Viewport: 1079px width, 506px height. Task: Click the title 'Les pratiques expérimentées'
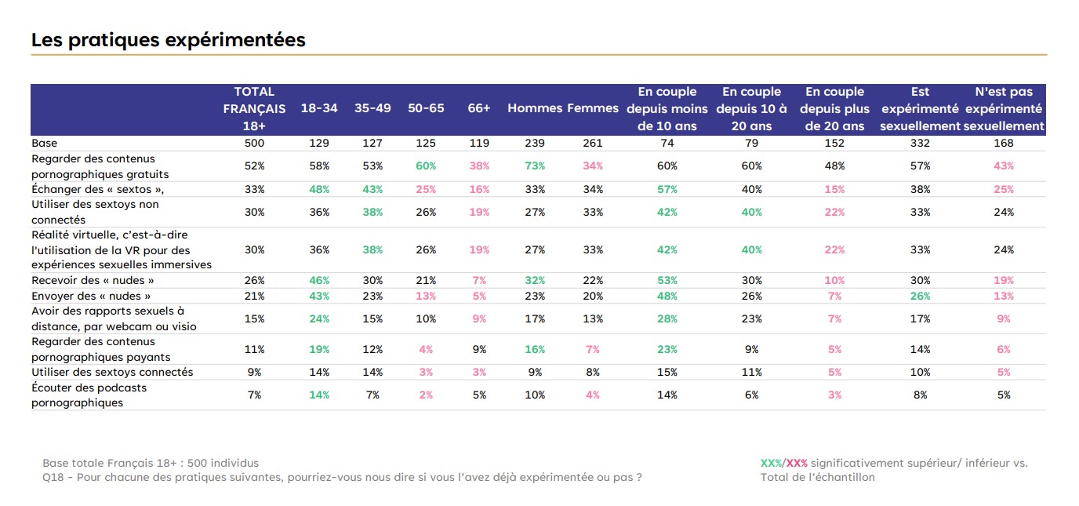pos(168,40)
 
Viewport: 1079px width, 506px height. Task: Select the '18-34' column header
pos(319,108)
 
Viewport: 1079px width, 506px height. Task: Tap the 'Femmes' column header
pos(593,108)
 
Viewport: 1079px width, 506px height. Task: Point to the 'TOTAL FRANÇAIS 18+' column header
pos(254,109)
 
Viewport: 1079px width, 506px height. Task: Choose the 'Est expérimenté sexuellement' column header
pos(920,109)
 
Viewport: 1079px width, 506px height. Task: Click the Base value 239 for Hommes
pos(535,143)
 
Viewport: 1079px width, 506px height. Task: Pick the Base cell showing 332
pos(920,143)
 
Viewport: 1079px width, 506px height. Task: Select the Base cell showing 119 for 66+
pos(479,143)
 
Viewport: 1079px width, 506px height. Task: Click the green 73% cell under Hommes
pos(535,166)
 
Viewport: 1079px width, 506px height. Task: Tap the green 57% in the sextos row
pos(667,189)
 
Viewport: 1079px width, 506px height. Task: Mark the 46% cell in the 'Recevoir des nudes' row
pos(319,281)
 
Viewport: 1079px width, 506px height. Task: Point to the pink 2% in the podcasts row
pos(426,395)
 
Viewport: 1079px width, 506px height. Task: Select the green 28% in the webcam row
pos(667,319)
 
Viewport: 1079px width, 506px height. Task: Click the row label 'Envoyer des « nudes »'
pos(91,296)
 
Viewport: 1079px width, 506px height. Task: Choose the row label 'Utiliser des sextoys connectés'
pos(112,372)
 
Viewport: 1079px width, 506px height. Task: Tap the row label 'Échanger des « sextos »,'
pos(98,189)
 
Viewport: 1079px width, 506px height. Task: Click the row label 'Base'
pos(45,143)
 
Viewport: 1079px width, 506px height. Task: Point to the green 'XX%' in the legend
pos(771,463)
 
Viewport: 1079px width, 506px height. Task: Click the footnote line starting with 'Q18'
pos(342,478)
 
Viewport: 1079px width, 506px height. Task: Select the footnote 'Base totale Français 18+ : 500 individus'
pos(151,463)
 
